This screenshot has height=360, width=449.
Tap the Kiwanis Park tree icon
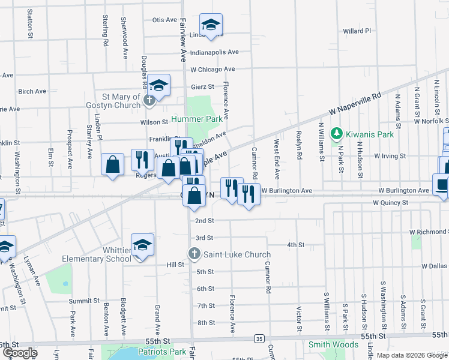337,134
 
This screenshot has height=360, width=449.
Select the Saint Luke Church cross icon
194,254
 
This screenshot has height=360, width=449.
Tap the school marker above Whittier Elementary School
142,245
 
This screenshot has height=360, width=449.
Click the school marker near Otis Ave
211,25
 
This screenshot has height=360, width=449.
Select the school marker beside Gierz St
159,86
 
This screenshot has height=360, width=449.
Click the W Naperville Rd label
355,104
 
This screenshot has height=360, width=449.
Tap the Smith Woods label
333,344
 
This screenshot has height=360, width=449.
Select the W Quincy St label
390,203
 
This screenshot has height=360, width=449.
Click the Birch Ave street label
32,92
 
